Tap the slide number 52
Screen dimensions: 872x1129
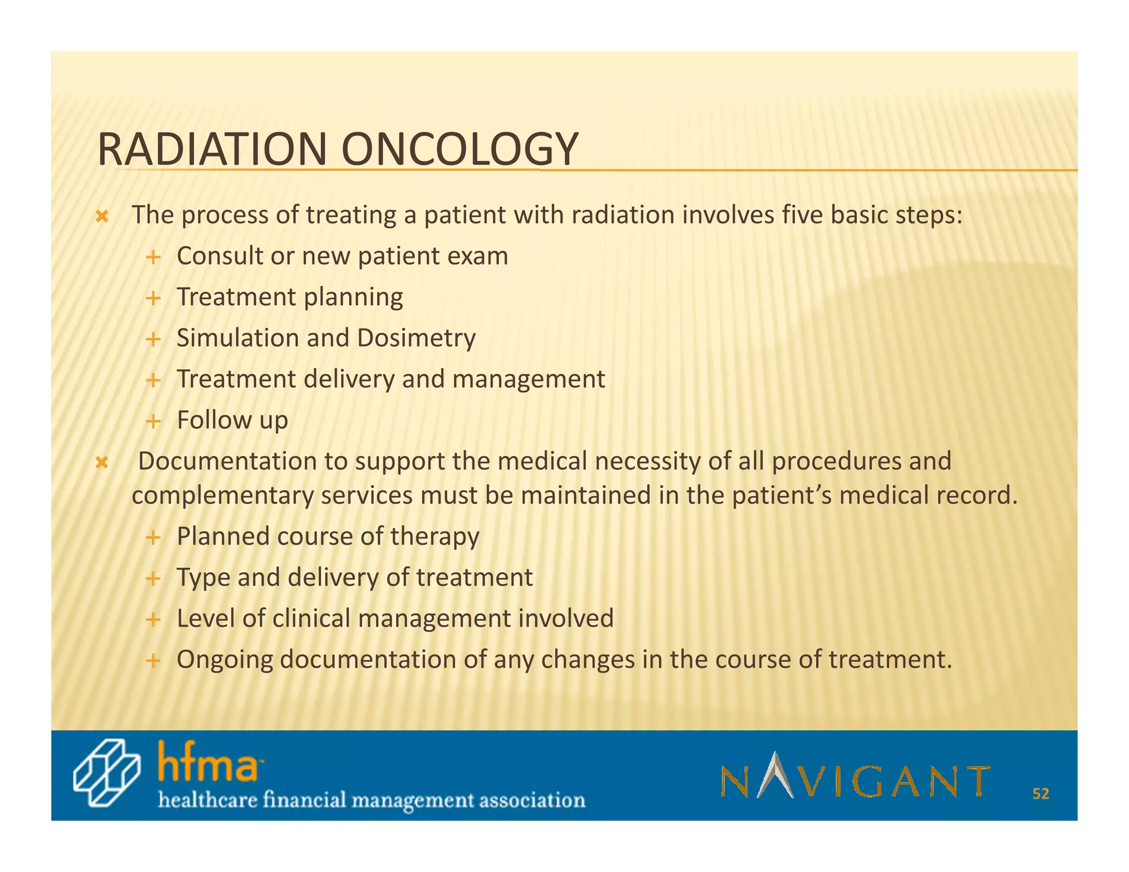coord(1040,794)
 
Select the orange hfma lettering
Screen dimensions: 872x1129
coord(208,762)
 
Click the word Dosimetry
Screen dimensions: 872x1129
coord(416,338)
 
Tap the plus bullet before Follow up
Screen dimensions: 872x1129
coord(153,422)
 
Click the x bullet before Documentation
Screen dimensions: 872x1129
coord(101,462)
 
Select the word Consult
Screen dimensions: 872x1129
coord(219,256)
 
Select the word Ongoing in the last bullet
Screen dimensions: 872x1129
coord(224,659)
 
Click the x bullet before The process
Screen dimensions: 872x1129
coord(101,217)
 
